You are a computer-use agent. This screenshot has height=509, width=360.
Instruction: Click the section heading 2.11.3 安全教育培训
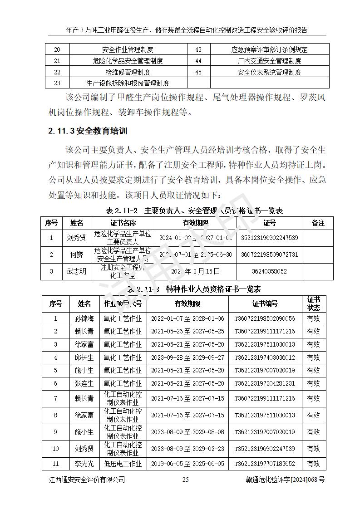point(88,132)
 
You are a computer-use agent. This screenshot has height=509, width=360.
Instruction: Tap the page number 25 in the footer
point(185,480)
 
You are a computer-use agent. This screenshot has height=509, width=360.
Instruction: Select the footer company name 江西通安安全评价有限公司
point(87,480)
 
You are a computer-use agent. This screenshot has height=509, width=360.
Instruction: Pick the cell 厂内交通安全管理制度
point(269,61)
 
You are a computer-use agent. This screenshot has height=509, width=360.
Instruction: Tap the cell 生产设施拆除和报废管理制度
point(128,83)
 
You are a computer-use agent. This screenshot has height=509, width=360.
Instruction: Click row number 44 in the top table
point(198,61)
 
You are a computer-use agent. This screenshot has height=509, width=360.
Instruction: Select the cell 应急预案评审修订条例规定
point(269,50)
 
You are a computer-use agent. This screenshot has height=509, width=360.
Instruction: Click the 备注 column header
point(318,223)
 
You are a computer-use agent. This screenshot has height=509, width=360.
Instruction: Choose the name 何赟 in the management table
point(77,254)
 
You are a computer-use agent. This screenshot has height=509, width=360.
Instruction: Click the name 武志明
point(77,271)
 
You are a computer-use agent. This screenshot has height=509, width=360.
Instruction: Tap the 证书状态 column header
point(314,303)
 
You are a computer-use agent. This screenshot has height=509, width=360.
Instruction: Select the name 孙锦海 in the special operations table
point(84,318)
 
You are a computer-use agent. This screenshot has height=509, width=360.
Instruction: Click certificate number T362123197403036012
point(265,357)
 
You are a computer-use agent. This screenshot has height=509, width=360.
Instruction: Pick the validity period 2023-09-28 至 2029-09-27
point(187,357)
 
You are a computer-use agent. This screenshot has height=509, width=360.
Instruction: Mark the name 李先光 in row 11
point(84,464)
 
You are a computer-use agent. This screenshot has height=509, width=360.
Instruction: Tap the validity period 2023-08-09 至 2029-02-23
point(187,449)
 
